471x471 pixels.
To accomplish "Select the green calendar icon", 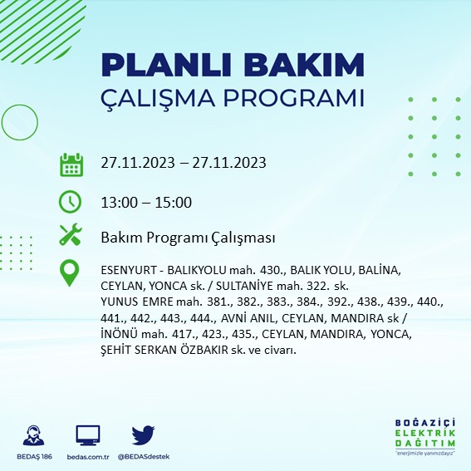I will tap(71, 164).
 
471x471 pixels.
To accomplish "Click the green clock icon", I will tap(71, 201).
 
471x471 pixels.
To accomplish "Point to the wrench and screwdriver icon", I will tap(71, 236).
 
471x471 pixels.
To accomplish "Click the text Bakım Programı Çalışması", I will tap(187, 238).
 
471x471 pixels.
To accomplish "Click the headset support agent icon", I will tap(36, 436).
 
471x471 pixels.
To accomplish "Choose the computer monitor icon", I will tap(87, 434).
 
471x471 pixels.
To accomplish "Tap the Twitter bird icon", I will tap(143, 434).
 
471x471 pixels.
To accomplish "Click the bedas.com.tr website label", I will tap(87, 456).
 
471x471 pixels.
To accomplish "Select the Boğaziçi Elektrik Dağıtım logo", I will tap(426, 436).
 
